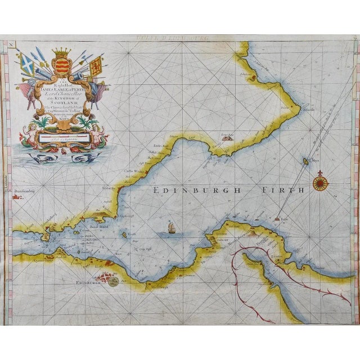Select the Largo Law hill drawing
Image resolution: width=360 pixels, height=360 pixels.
[x=228, y=136]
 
